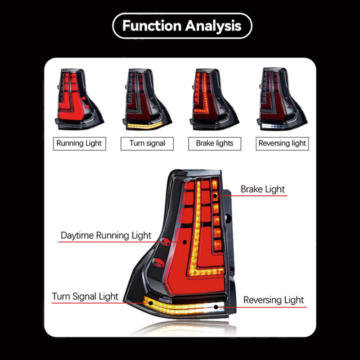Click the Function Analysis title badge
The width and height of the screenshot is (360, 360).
tap(182, 26)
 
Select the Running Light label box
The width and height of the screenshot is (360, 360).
tap(80, 144)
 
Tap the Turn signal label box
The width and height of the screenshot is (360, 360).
tap(147, 144)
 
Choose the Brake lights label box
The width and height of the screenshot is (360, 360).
tap(215, 144)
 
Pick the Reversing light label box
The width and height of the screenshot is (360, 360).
tap(283, 144)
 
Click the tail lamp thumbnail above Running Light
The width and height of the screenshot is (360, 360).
tap(79, 99)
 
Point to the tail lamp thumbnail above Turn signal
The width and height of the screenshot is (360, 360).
tap(147, 99)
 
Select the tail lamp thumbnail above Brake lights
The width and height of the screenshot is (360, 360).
tap(215, 99)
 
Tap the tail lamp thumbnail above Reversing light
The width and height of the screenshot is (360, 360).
tap(282, 99)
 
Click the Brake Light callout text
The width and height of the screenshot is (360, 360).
tap(263, 189)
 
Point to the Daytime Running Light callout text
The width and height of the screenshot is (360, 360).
tap(106, 235)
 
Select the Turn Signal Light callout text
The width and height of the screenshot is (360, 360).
tap(85, 297)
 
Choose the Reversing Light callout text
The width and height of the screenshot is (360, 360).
tap(274, 300)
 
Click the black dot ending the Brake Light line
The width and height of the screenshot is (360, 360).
tap(215, 196)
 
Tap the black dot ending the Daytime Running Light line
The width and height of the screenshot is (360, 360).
tap(185, 242)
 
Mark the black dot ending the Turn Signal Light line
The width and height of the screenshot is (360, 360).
tap(151, 303)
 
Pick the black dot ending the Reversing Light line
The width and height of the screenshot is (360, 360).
tap(216, 307)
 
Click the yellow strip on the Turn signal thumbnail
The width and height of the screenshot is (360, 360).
tap(144, 126)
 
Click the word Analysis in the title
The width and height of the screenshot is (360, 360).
tap(213, 26)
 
